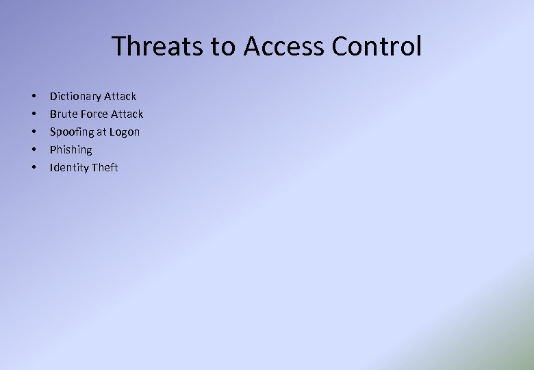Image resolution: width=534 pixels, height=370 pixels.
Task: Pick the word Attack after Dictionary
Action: click(120, 97)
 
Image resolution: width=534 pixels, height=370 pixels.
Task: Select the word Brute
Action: click(63, 114)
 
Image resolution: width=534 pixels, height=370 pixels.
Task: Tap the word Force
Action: click(96, 114)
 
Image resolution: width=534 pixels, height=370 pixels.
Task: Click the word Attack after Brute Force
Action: click(127, 114)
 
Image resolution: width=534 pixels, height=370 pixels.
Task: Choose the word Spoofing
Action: click(72, 132)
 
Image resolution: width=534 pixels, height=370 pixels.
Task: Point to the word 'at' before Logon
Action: click(102, 132)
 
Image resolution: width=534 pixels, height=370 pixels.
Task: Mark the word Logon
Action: click(125, 132)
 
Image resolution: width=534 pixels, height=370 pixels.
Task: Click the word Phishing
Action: click(71, 150)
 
